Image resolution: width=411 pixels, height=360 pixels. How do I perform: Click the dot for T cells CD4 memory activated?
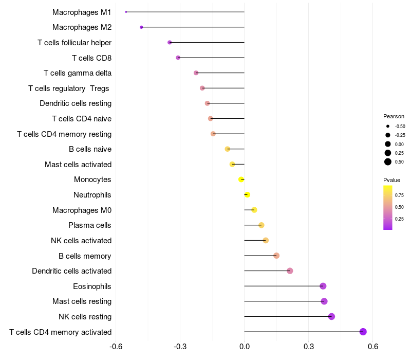tap(363, 332)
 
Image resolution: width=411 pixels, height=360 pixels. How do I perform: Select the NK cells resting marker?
tap(331, 316)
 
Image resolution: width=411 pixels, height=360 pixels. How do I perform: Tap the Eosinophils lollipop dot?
tap(323, 286)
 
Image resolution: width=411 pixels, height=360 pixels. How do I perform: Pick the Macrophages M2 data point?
tap(141, 27)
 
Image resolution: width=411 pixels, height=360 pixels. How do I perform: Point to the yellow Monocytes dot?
tap(241, 179)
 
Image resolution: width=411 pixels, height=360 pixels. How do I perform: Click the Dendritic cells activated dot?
tap(290, 271)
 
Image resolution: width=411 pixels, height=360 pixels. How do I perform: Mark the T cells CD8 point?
tap(178, 58)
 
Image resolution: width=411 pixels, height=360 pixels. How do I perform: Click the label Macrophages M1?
tap(82, 12)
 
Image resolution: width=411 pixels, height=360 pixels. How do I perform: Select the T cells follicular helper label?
tap(74, 42)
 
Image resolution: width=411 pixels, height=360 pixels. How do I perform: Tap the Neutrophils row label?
tap(92, 195)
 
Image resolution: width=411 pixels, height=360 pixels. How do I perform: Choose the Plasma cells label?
tap(90, 225)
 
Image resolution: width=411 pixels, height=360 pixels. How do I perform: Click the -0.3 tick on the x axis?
tap(180, 346)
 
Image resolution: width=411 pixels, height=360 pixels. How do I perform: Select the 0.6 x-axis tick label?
tap(373, 346)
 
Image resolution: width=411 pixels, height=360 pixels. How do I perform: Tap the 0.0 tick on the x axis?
tap(245, 346)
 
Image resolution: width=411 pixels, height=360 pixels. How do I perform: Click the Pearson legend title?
tap(394, 116)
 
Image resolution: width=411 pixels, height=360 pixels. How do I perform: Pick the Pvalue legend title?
tap(391, 180)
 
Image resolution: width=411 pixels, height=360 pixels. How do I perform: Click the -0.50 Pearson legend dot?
tap(388, 126)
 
